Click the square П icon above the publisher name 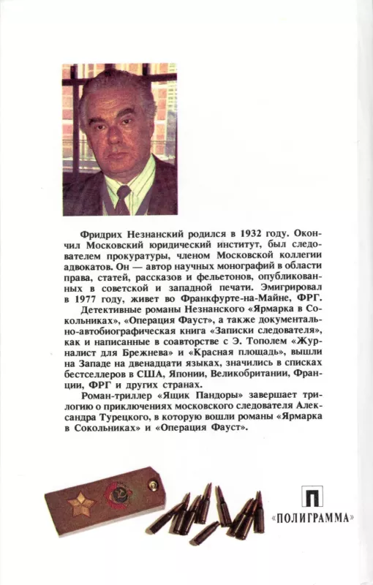point(312,497)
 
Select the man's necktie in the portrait point(123,198)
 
